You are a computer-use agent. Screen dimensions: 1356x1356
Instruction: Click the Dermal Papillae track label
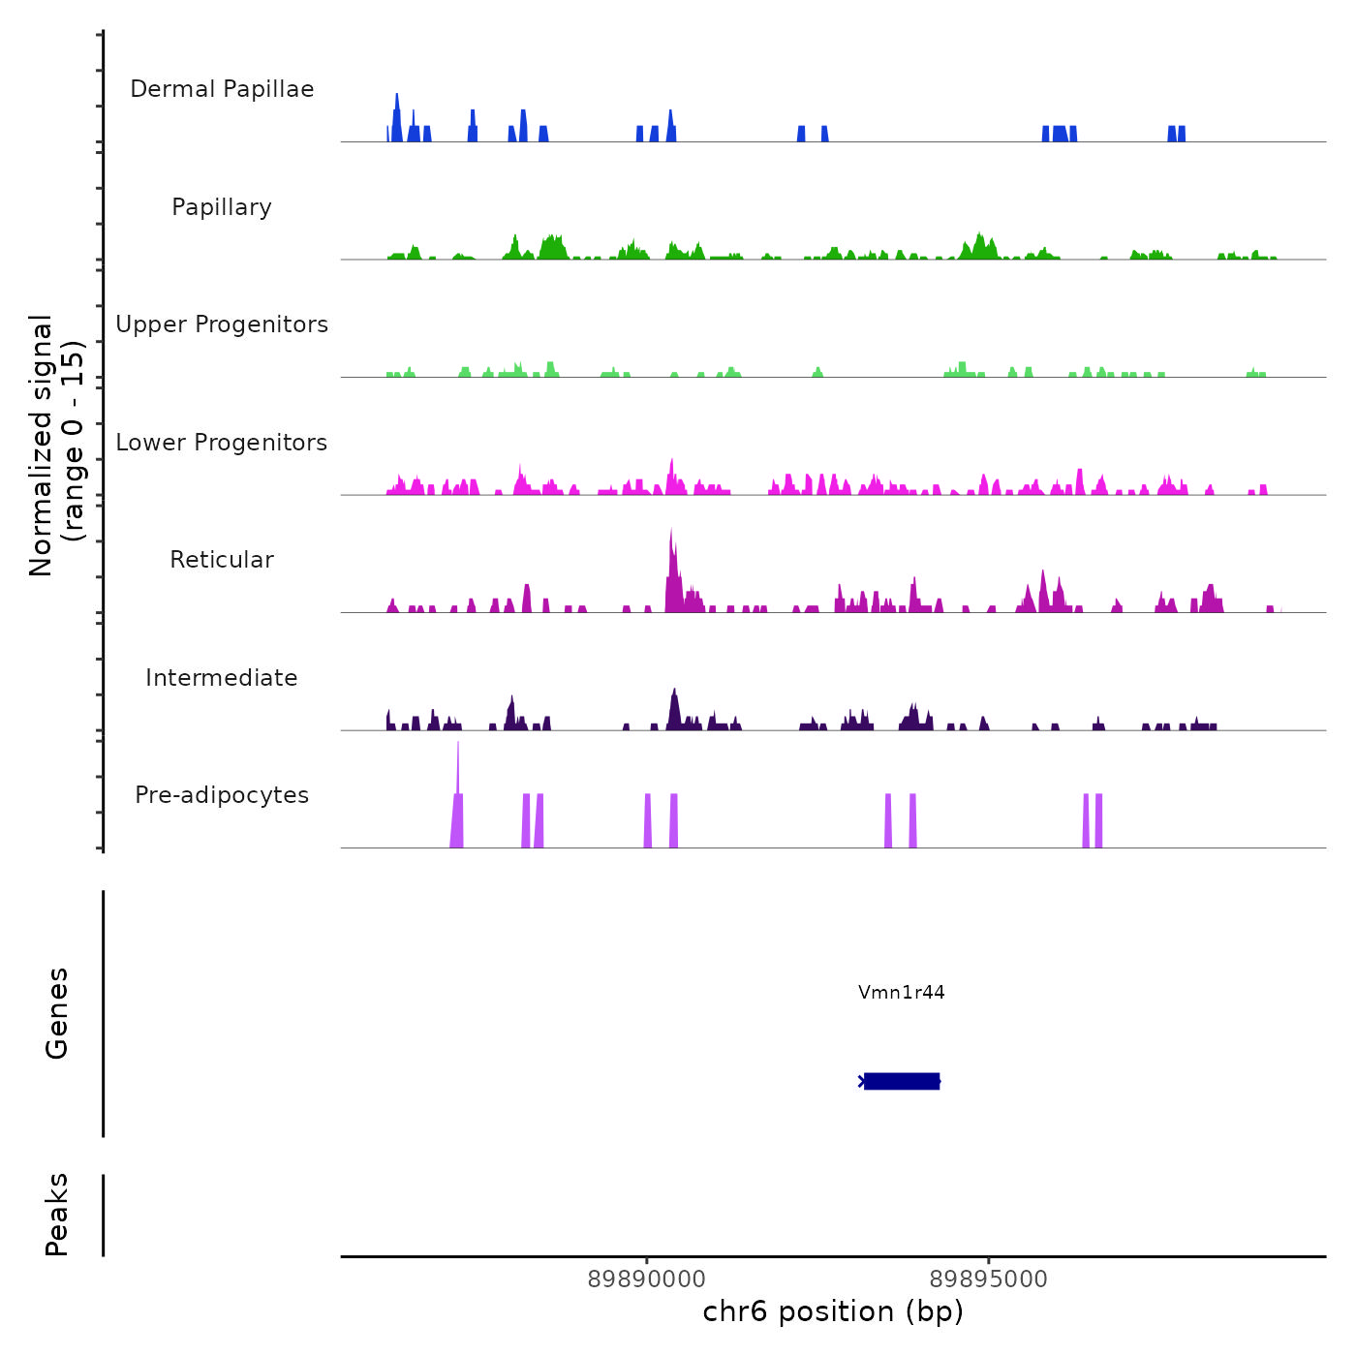coord(222,89)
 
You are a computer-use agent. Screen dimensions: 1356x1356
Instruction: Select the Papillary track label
coord(222,207)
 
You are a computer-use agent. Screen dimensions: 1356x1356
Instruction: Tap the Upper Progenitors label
coord(222,324)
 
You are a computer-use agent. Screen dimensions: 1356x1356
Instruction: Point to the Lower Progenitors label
coord(222,443)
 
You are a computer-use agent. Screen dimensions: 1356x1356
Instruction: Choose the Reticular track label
coord(222,560)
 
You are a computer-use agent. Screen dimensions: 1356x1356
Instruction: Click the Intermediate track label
coord(222,678)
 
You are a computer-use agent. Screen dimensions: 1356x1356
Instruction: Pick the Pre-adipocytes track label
coord(222,795)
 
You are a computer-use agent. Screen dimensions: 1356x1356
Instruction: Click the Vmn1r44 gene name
coord(901,992)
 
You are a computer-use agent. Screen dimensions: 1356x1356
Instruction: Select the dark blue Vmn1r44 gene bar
coord(901,1081)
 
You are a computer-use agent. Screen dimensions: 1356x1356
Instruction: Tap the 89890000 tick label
coord(647,1279)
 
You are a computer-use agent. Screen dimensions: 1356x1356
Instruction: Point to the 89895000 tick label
coord(988,1279)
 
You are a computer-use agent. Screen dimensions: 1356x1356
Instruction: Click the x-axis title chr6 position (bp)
coord(833,1311)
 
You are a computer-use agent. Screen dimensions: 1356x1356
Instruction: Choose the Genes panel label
coord(57,1013)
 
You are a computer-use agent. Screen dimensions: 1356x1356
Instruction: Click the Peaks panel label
coord(57,1215)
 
